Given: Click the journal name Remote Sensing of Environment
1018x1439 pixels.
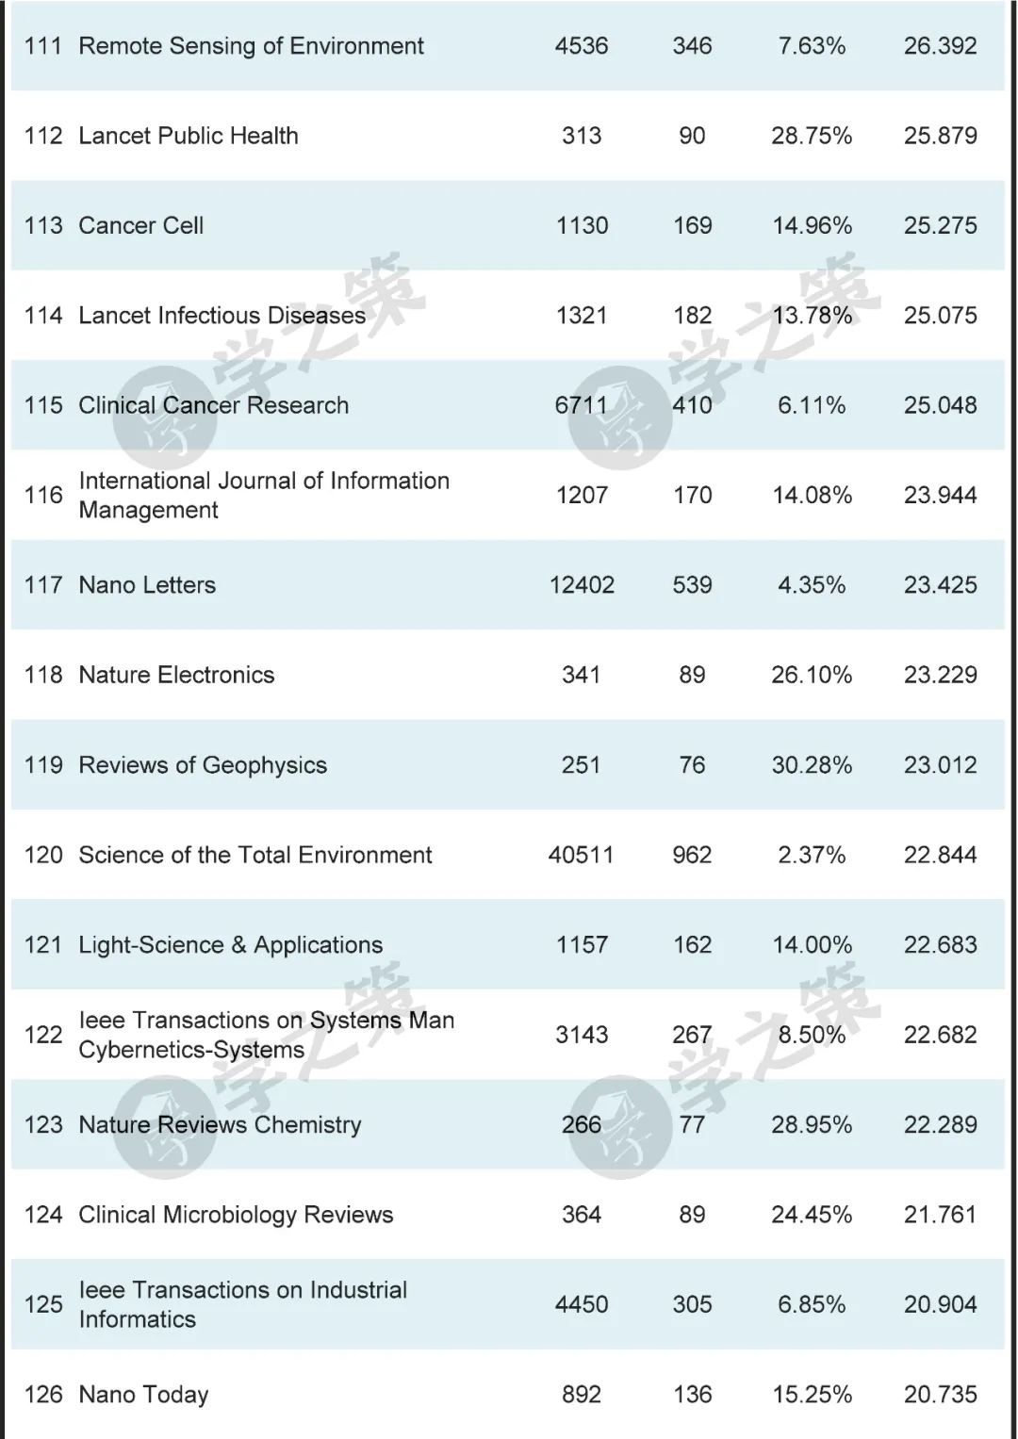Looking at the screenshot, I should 251,46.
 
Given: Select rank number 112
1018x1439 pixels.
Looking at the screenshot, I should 43,136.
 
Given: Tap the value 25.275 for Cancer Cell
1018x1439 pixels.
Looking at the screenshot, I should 940,226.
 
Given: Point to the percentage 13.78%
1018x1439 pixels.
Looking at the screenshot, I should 812,316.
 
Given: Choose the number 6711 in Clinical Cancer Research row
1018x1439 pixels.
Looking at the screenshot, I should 582,405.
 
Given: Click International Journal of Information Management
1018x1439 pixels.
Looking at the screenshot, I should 264,495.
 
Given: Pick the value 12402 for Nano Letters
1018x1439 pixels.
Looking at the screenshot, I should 582,585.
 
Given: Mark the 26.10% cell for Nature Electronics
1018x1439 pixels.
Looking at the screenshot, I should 812,675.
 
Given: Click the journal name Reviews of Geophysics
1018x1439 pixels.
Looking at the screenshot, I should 203,765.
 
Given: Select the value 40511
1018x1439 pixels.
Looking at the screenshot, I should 581,855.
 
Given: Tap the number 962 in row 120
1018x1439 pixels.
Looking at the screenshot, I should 692,855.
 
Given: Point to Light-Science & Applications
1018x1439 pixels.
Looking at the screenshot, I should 231,945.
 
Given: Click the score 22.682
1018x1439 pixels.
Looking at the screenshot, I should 940,1035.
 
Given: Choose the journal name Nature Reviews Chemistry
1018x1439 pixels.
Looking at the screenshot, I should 220,1124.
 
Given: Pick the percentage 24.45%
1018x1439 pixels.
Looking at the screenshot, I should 812,1215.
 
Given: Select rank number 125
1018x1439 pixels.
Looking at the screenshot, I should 43,1304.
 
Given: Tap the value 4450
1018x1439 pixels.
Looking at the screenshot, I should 582,1304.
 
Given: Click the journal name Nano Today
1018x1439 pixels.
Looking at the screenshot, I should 143,1395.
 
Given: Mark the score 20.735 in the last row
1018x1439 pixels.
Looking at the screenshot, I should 940,1395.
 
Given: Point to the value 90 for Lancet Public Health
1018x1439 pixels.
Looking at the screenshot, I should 692,136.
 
